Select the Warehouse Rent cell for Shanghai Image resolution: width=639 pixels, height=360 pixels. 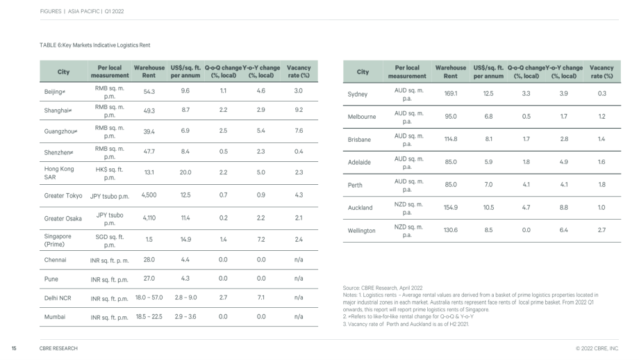(149, 111)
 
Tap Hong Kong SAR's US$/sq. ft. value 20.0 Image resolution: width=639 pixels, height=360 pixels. (185, 172)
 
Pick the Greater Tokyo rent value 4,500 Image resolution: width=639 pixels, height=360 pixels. (149, 195)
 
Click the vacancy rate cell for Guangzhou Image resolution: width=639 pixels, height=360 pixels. (299, 131)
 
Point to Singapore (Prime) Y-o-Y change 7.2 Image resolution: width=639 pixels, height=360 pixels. (261, 239)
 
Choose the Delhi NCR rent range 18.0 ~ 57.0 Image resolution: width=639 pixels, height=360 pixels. (149, 297)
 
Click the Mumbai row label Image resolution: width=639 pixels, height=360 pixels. (55, 317)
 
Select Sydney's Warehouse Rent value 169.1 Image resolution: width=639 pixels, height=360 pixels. (451, 93)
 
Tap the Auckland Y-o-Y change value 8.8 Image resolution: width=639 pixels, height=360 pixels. (563, 208)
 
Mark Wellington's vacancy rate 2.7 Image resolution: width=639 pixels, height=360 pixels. (601, 230)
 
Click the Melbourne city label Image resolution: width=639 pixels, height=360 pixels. (362, 117)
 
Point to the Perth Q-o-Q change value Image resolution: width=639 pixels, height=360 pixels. (526, 185)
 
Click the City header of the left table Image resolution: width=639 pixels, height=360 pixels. (63, 72)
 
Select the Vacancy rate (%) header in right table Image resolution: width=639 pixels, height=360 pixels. (601, 72)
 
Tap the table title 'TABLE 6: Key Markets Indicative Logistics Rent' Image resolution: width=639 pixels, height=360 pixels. (95, 45)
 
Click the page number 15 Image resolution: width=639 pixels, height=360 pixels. (14, 348)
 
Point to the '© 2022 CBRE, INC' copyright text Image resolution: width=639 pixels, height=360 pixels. (597, 348)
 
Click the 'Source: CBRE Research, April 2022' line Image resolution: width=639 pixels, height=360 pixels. (383, 288)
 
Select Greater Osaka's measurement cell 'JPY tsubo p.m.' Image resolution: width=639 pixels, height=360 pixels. (110, 219)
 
